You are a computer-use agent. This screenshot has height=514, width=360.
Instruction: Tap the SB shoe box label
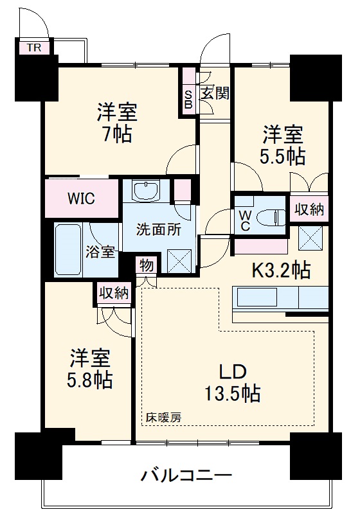188,97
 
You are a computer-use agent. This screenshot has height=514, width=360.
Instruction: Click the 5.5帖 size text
283,157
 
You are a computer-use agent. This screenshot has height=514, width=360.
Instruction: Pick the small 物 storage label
145,265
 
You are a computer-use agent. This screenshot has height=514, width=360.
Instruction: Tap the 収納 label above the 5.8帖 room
113,293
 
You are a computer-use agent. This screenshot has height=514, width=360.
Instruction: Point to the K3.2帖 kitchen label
280,270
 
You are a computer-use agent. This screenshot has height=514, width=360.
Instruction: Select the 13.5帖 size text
232,393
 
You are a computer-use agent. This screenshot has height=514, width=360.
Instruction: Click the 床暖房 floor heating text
163,416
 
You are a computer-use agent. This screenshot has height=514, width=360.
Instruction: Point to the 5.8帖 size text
91,380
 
